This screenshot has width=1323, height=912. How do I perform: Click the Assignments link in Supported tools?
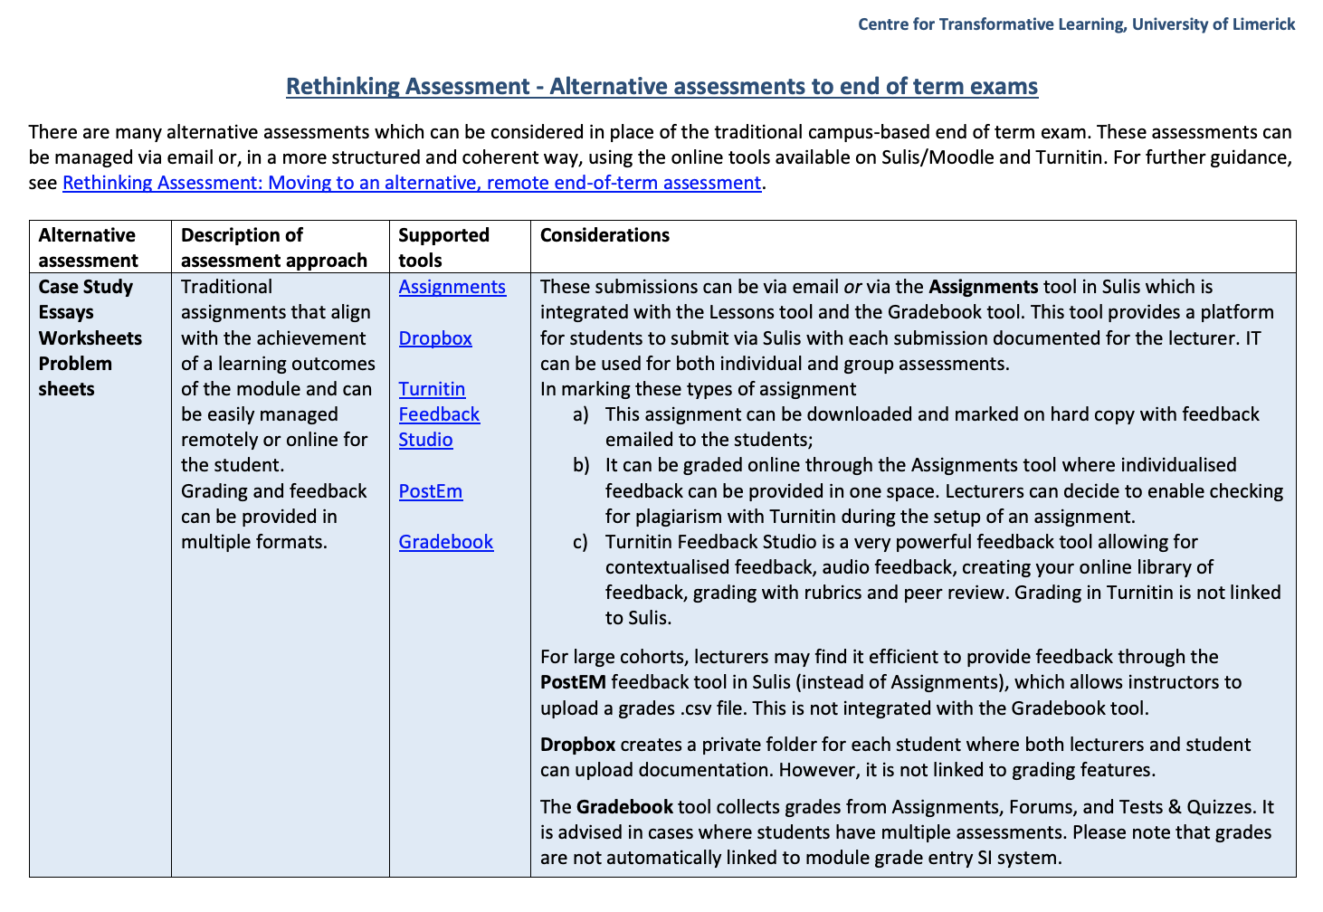(x=452, y=287)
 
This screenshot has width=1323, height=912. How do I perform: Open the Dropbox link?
(x=435, y=338)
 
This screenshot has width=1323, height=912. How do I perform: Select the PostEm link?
(x=430, y=491)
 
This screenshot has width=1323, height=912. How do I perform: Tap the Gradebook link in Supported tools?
(x=445, y=542)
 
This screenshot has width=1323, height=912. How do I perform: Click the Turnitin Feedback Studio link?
(x=439, y=414)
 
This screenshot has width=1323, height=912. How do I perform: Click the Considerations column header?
(x=604, y=235)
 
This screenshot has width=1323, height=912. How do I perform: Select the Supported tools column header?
(x=443, y=247)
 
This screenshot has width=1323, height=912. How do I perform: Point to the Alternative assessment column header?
(x=88, y=247)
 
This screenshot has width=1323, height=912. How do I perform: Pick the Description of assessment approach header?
(x=273, y=247)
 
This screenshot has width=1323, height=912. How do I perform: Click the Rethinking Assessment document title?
(x=661, y=87)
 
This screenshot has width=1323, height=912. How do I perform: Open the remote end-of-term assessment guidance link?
(x=411, y=183)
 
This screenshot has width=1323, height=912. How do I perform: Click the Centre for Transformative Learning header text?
(x=1076, y=24)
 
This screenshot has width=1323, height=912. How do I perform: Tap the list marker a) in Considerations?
(x=580, y=414)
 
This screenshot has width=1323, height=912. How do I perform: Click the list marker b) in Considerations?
(x=580, y=465)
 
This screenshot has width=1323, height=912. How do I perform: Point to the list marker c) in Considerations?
(x=580, y=542)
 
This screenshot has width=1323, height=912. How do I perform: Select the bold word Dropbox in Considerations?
(x=577, y=745)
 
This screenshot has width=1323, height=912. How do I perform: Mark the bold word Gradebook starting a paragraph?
(x=624, y=807)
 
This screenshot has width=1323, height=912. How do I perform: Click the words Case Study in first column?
(x=85, y=287)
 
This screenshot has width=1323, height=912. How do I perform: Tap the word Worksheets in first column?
(x=90, y=338)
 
